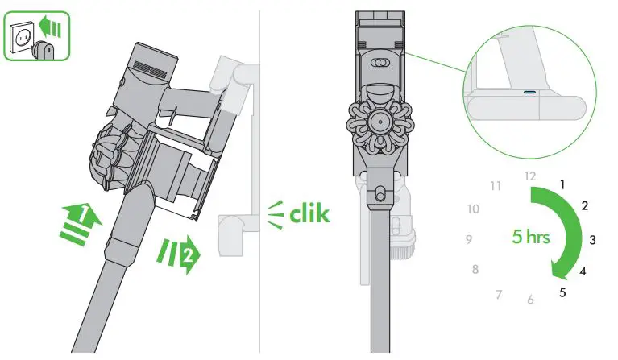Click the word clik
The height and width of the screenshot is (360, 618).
tap(309, 213)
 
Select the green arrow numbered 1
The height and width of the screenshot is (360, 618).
tap(81, 221)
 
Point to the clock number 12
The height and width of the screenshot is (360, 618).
tap(529, 176)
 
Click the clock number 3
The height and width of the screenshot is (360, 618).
tap(592, 239)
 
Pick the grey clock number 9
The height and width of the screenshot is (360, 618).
tap(468, 239)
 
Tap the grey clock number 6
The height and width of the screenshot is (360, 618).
tap(529, 300)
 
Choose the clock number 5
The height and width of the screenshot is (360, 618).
tap(562, 292)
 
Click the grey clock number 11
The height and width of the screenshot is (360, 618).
tap(496, 186)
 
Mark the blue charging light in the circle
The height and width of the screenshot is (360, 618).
tap(529, 93)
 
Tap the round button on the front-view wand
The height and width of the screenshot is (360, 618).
tap(377, 194)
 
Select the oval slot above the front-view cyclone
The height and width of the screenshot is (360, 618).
tap(377, 62)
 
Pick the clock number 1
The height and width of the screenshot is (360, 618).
tap(562, 184)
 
